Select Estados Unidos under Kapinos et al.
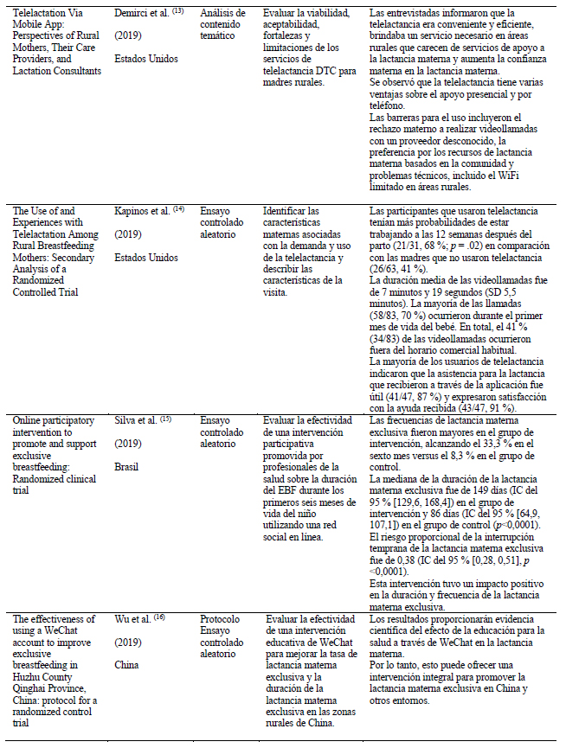point(145,256)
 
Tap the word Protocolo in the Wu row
point(222,619)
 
